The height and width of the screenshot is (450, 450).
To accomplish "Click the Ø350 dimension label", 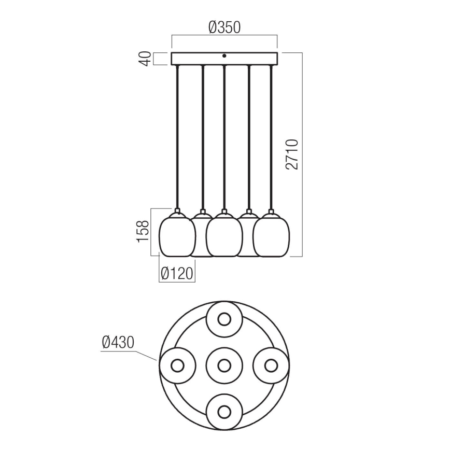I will [x=224, y=27].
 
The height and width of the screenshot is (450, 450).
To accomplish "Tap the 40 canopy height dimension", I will [x=147, y=58].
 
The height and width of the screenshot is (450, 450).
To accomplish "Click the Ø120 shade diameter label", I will [x=177, y=273].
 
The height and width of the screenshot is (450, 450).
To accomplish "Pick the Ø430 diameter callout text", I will [x=118, y=342].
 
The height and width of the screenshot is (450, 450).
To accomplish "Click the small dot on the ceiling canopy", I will [x=224, y=56].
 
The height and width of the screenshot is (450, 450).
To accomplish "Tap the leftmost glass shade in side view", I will [x=177, y=236].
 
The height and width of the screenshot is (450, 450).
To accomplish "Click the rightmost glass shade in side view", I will [x=271, y=236].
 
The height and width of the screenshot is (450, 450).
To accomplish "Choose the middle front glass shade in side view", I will [x=224, y=236].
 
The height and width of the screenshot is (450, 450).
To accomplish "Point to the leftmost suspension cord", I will [x=177, y=135].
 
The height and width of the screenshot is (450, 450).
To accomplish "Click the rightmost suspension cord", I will [x=271, y=135].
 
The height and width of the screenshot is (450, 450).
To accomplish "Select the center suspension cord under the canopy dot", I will [x=224, y=135].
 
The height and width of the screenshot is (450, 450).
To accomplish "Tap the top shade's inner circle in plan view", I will [x=224, y=319].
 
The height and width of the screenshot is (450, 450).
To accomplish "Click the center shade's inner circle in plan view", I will [x=224, y=365].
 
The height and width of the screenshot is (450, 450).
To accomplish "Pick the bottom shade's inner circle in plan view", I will [x=224, y=412].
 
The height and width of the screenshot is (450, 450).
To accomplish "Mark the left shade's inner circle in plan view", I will [x=178, y=365].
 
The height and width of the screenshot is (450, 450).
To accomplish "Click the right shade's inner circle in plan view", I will [x=270, y=365].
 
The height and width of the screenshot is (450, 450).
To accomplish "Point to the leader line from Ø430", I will [x=140, y=354].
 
